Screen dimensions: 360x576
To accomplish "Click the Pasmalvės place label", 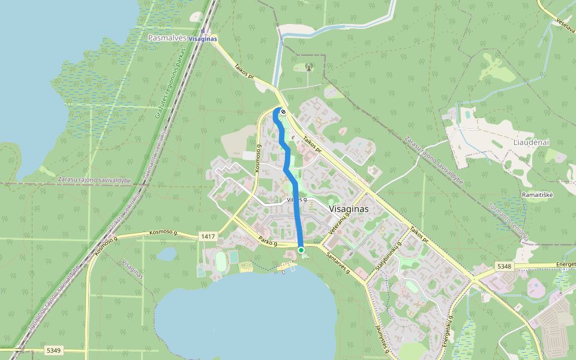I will [x=166, y=38].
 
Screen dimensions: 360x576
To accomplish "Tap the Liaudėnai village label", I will [x=528, y=143].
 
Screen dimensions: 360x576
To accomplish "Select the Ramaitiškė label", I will [x=538, y=195].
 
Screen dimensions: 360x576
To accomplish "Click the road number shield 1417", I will [x=208, y=236].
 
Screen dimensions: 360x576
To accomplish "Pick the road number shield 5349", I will [x=53, y=350].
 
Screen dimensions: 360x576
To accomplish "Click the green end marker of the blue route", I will [x=301, y=250].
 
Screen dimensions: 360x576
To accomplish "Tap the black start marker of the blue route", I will [x=283, y=112].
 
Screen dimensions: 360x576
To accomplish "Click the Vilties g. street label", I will [x=297, y=199].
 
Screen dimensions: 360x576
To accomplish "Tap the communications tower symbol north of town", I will [x=309, y=67].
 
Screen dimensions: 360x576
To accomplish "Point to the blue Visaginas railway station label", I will [x=203, y=38].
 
